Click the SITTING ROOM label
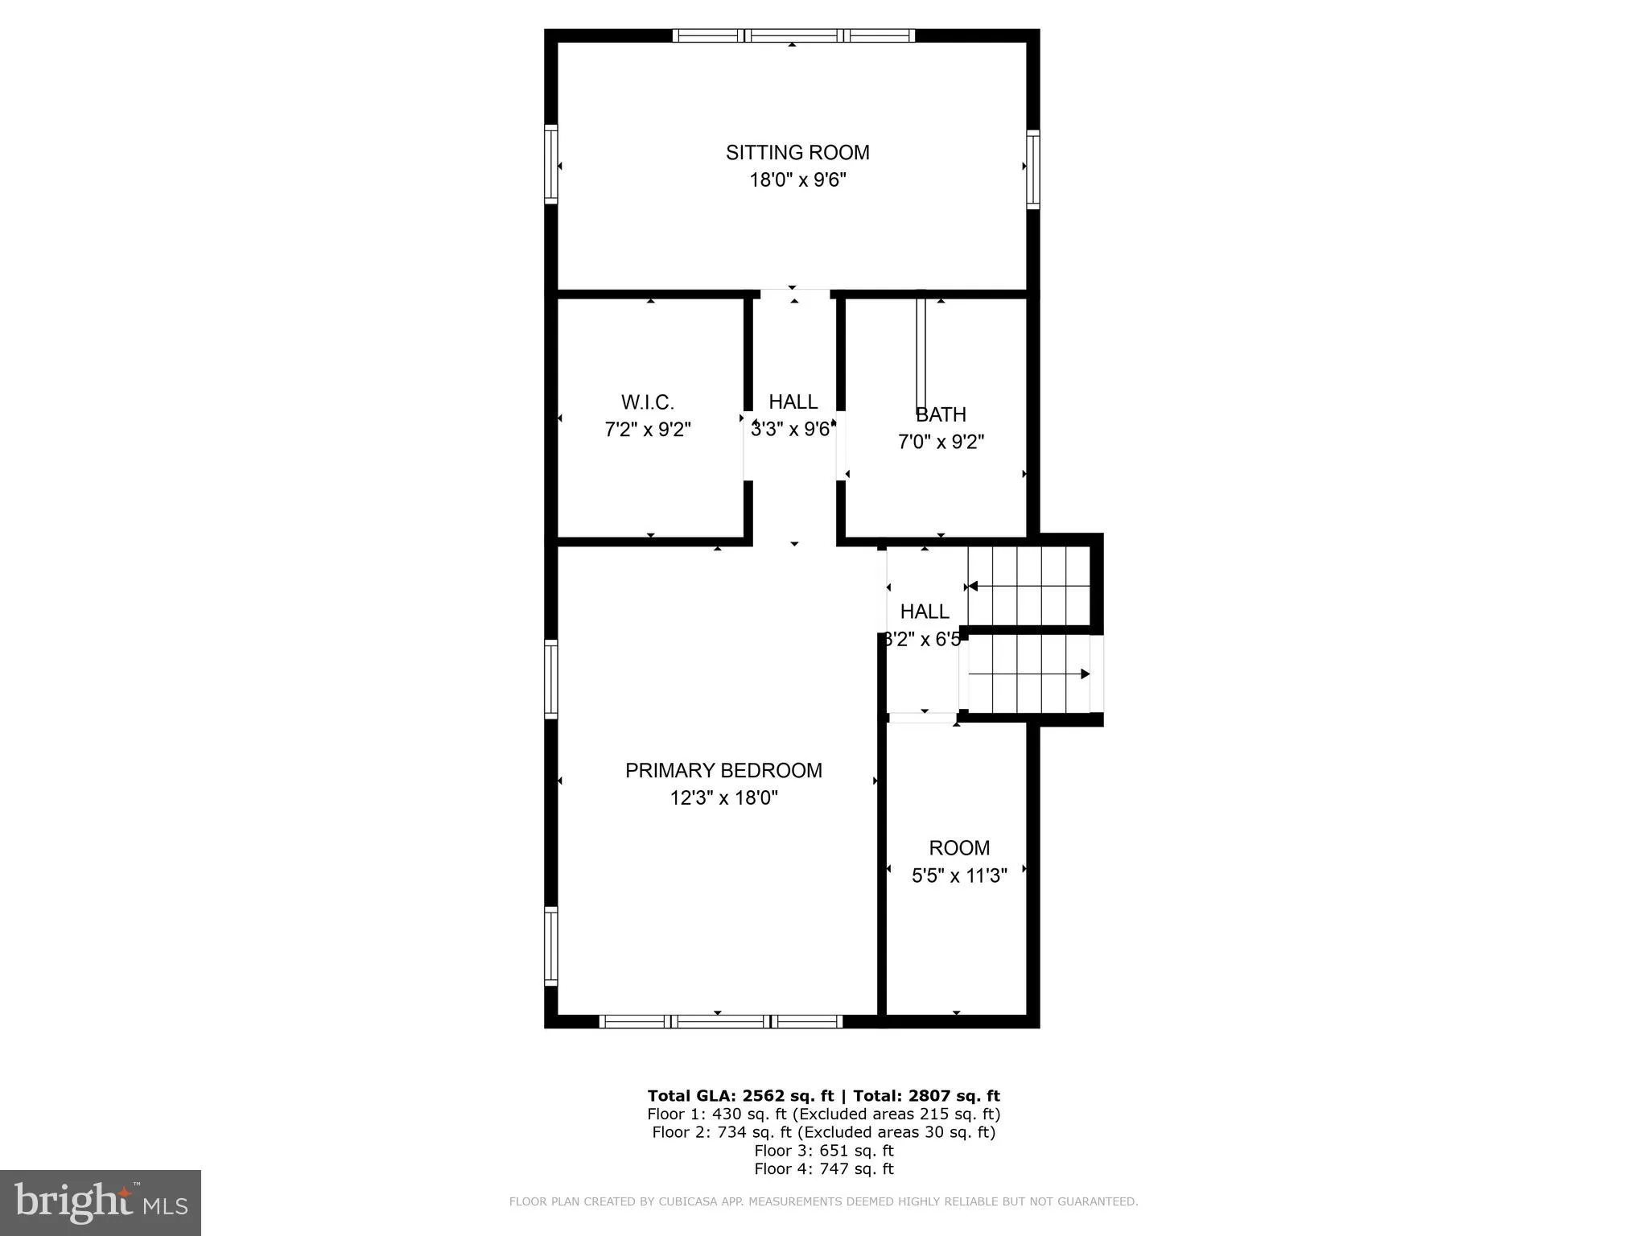point(797,152)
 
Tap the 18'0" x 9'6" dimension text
point(797,179)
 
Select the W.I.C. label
point(647,402)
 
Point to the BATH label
point(941,414)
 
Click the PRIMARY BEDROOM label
point(723,770)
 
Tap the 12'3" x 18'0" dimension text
point(723,798)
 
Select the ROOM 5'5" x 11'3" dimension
point(959,875)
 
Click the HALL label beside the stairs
point(925,612)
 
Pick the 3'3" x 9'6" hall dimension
point(791,430)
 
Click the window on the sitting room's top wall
point(793,35)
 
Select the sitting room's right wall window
point(1032,169)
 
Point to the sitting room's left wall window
point(551,163)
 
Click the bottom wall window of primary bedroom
point(721,1021)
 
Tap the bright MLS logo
point(100,1202)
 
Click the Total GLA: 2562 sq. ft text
point(740,1095)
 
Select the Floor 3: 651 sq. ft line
point(823,1150)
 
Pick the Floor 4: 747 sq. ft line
point(823,1168)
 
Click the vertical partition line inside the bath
point(921,354)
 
